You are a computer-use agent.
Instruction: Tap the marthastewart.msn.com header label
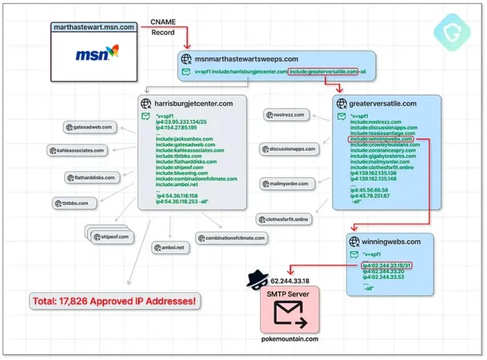pos(93,27)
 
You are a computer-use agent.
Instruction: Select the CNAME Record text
pos(163,27)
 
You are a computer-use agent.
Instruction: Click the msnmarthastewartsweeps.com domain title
pos(246,59)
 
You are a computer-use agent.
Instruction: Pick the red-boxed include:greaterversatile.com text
pos(324,72)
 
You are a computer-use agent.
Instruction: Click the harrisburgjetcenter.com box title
pos(193,103)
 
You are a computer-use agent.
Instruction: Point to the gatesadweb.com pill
pos(91,127)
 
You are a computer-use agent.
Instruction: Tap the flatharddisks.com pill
pos(92,177)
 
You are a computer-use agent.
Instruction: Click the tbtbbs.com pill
pos(75,203)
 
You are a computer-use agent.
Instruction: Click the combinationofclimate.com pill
pos(231,238)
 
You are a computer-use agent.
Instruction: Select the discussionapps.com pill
pos(289,149)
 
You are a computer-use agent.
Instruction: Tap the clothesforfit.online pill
pos(285,219)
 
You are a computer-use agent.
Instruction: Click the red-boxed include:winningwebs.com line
pos(381,139)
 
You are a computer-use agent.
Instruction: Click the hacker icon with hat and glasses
pos(257,279)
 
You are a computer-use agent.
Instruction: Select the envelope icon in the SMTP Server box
pos(290,313)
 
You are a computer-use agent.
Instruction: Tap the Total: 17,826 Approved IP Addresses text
pos(115,300)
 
